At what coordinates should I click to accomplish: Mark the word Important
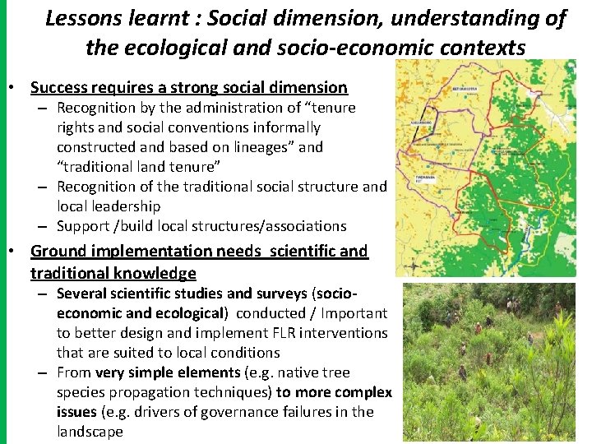click(354, 312)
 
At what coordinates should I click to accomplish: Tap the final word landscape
click(90, 431)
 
